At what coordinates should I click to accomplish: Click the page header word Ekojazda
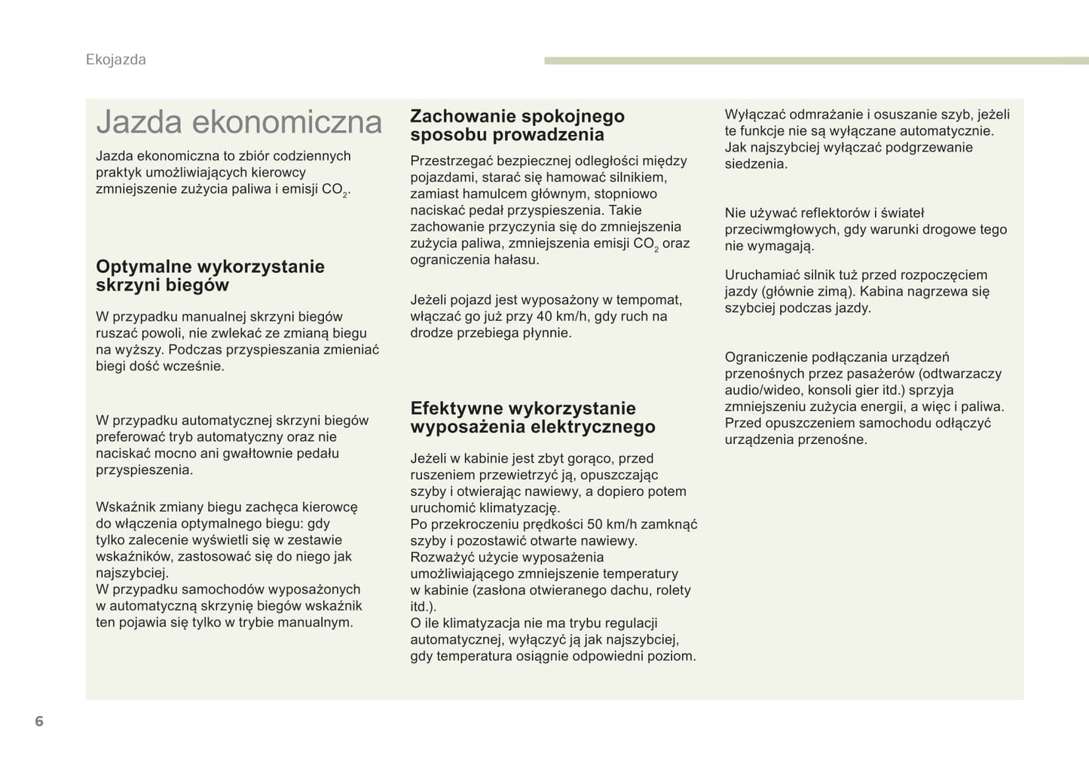pyautogui.click(x=115, y=60)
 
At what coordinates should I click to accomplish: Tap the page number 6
pyautogui.click(x=39, y=721)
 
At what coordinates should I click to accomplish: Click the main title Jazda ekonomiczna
pyautogui.click(x=239, y=122)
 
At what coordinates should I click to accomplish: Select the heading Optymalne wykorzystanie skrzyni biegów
pyautogui.click(x=210, y=276)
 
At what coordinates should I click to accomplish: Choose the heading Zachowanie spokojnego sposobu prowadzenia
pyautogui.click(x=517, y=125)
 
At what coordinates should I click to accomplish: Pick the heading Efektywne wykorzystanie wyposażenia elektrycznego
pyautogui.click(x=532, y=418)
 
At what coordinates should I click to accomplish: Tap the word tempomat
pyautogui.click(x=651, y=300)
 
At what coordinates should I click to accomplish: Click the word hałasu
pyautogui.click(x=515, y=260)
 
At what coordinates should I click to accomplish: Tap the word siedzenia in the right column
pyautogui.click(x=754, y=164)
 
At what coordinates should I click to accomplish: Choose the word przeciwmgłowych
pyautogui.click(x=780, y=230)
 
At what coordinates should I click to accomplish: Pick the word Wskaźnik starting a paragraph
pyautogui.click(x=125, y=507)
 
